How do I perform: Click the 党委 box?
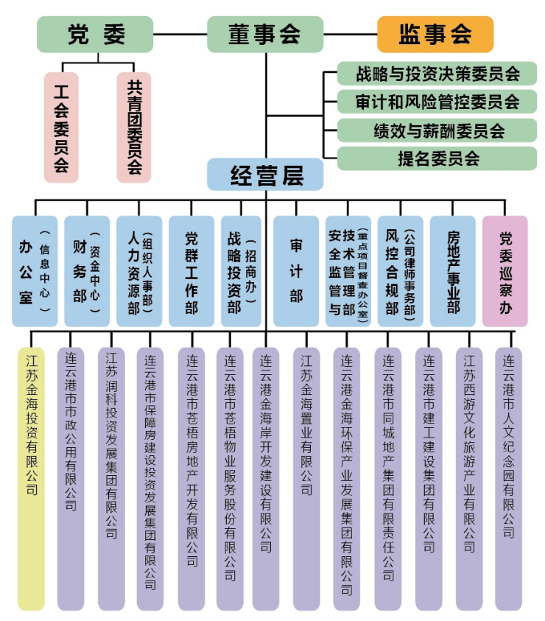[95, 35]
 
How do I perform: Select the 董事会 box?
[264, 35]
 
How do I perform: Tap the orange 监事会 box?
[435, 35]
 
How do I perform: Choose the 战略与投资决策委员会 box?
[437, 74]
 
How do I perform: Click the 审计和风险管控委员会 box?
[437, 102]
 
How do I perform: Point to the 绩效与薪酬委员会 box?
[437, 130]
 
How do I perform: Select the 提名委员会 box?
[437, 158]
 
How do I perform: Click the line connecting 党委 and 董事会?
[180, 35]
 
